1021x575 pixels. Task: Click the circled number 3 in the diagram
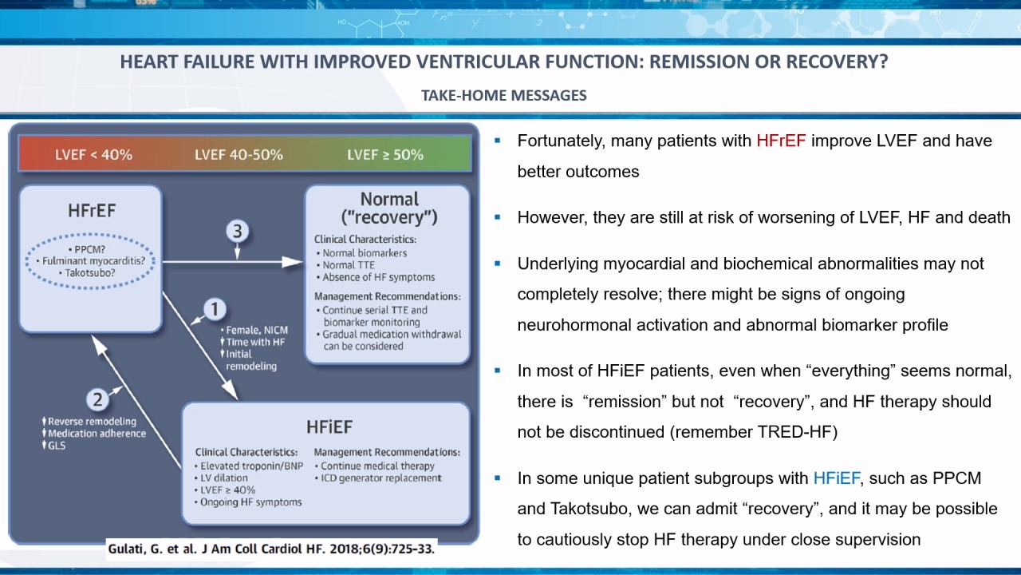tap(238, 232)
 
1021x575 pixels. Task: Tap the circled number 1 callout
tap(215, 309)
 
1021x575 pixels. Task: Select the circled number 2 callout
tap(97, 400)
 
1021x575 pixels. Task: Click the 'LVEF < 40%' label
tap(94, 155)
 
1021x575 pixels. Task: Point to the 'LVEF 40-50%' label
tap(238, 155)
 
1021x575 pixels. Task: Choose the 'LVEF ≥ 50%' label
tap(385, 155)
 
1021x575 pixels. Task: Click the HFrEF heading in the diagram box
tap(92, 211)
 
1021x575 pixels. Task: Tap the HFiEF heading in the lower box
tap(329, 427)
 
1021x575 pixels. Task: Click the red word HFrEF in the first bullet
tap(781, 141)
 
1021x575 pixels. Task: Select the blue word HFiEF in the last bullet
tap(837, 478)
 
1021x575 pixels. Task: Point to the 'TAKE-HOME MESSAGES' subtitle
tap(503, 95)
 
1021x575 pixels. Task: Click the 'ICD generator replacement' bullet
tap(378, 478)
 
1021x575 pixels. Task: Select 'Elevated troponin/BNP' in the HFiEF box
tap(249, 466)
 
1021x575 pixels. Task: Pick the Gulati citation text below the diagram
tap(271, 549)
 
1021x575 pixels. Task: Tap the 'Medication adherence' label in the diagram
tap(97, 434)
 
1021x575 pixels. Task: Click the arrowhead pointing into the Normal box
tap(293, 262)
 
